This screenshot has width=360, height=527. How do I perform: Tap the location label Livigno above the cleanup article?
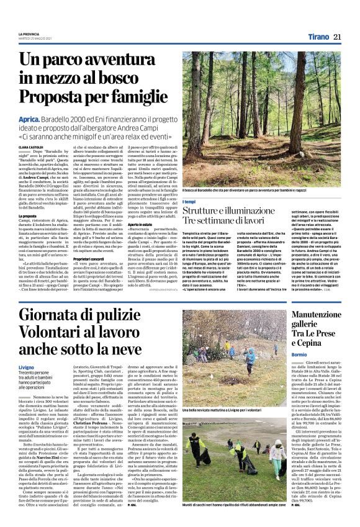(x=27, y=367)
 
